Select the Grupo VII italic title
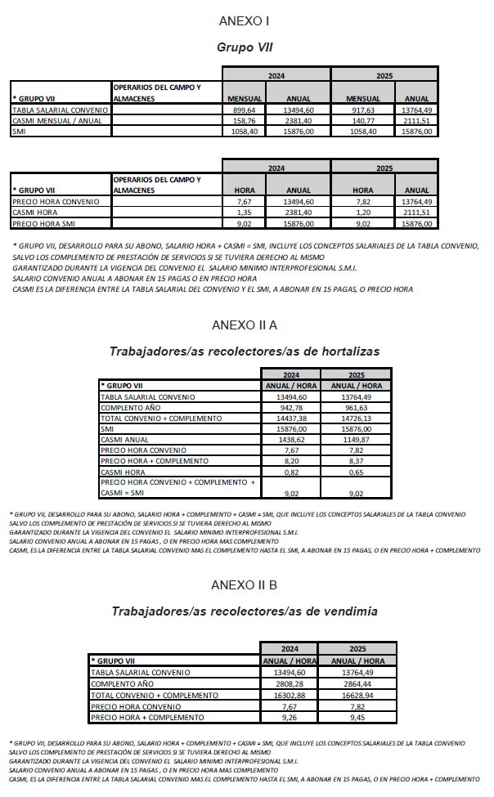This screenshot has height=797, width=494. click(244, 47)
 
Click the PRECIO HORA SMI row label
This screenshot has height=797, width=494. click(44, 222)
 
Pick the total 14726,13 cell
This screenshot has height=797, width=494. click(356, 419)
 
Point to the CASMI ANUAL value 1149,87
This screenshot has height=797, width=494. click(356, 440)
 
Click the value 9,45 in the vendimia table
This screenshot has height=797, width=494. click(352, 716)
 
